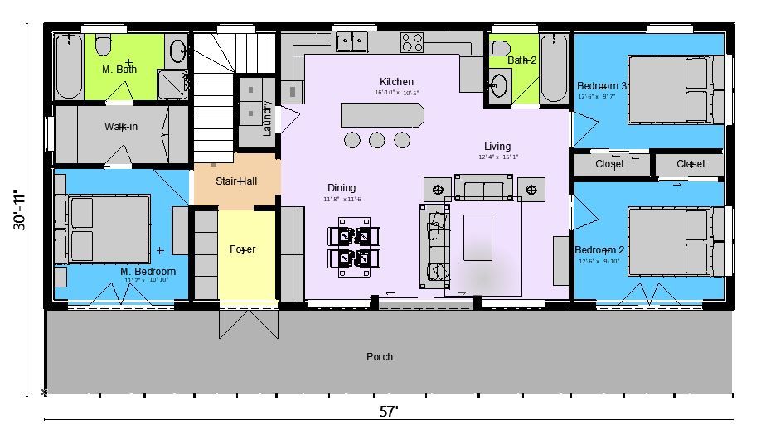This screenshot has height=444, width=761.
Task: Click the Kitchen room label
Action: click(396, 81)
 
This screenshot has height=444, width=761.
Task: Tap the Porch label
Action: click(380, 357)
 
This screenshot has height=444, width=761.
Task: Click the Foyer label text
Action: click(242, 249)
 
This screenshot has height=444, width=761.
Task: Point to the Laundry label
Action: click(267, 118)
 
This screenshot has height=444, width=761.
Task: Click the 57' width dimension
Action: click(389, 412)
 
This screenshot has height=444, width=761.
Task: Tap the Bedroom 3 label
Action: click(602, 86)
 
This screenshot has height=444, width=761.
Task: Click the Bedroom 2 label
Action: click(599, 250)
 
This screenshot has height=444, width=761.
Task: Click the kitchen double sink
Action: click(352, 41)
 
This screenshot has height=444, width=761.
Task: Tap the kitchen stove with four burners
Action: click(413, 41)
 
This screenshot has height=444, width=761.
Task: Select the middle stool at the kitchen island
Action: click(377, 139)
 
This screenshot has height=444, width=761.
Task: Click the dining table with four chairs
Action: click(354, 247)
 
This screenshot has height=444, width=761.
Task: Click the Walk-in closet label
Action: click(121, 127)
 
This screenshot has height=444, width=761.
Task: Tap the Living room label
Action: click(497, 147)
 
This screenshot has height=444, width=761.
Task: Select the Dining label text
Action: click(342, 189)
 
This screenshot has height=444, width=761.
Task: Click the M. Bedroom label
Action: click(148, 272)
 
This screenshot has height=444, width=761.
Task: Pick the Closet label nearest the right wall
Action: click(691, 164)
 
